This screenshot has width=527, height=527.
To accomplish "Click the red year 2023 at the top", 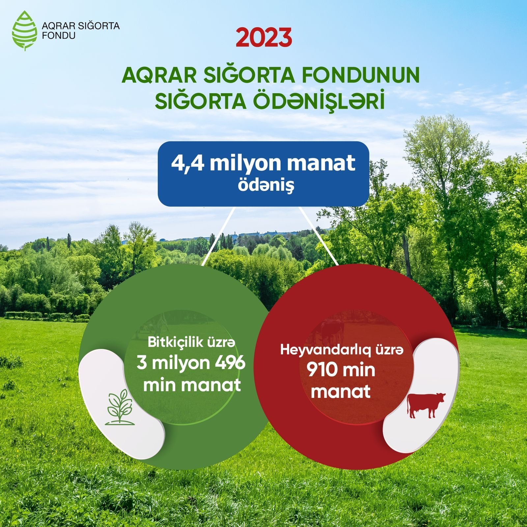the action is point(264,38).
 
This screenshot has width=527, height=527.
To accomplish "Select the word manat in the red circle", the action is point(341,392).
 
